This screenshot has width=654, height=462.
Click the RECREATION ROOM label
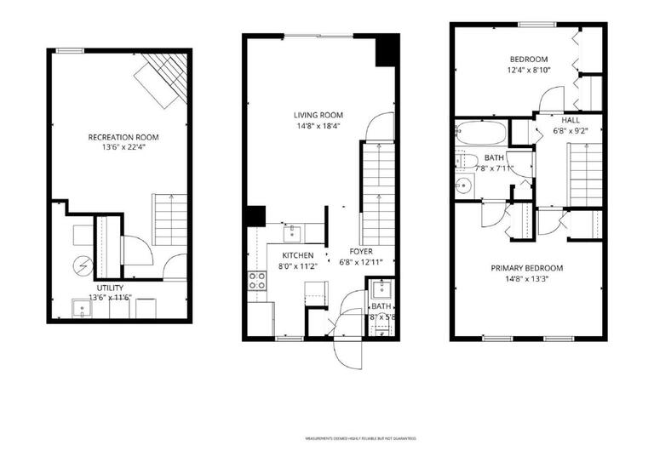point(123,137)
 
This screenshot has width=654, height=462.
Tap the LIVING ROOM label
point(318,116)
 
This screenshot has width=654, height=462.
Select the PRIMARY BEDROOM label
point(526,268)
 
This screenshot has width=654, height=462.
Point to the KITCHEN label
point(297,255)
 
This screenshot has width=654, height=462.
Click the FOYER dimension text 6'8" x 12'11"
point(361,262)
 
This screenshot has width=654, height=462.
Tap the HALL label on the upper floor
point(571,120)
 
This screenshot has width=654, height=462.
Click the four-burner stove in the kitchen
point(256,281)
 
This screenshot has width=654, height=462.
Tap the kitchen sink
point(292,232)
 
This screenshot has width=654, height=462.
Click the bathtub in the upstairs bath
point(481,134)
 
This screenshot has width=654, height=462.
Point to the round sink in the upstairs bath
point(464,186)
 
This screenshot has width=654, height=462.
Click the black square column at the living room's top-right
point(387,50)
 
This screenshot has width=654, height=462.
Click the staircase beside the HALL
point(585,174)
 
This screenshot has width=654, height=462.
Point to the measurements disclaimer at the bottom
point(361,439)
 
